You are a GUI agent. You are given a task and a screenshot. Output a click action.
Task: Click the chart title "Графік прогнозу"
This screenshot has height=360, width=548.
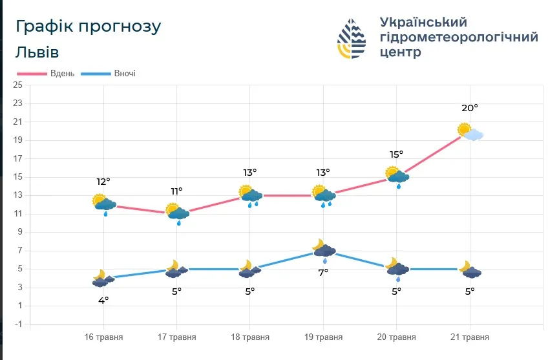pos(88,27)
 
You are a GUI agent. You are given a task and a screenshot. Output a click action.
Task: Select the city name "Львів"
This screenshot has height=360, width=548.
pos(37,52)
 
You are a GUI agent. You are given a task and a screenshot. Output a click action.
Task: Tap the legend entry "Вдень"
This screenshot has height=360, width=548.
pos(62,74)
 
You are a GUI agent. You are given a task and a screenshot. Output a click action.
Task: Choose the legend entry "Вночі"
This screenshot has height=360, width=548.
pos(124,74)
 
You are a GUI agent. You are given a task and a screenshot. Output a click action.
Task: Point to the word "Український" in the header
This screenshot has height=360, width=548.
pos(423,23)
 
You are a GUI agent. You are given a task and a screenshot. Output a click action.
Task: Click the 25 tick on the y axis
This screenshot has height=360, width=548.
pos(17,85)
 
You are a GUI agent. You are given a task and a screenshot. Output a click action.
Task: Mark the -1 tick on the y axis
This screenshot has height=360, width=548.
pos(17,324)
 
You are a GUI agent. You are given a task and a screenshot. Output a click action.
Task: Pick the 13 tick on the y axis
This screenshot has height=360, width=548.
pos(17,195)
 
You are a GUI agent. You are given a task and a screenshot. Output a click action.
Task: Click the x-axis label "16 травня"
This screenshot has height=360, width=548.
pos(103,337)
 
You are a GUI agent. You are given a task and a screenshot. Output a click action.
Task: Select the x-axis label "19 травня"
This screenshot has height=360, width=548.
pos(323,337)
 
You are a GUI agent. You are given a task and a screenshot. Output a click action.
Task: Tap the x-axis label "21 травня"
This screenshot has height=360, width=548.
pos(469,337)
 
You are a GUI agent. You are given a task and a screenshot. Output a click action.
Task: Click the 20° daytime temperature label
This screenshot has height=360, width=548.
pos(469,109)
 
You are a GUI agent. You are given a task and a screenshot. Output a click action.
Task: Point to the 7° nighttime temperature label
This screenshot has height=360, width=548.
pos(323,272)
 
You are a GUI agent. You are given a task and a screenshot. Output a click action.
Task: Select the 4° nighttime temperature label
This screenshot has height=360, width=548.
pos(103,300)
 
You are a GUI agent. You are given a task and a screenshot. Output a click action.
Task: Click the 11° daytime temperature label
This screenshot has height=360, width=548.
pos(176,191)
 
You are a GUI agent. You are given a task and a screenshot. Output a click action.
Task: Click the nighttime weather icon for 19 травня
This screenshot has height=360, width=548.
pos(323,249)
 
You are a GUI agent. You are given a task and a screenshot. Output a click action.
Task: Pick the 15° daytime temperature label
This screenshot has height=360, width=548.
pos(396,154)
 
